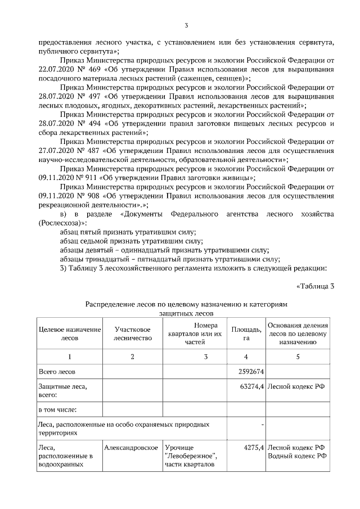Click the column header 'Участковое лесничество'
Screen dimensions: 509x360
click(132, 334)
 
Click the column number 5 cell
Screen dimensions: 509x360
click(298, 357)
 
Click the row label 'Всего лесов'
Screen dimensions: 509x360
click(56, 372)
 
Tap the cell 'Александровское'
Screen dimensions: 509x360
click(130, 447)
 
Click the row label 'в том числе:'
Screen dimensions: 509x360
click(57, 409)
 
